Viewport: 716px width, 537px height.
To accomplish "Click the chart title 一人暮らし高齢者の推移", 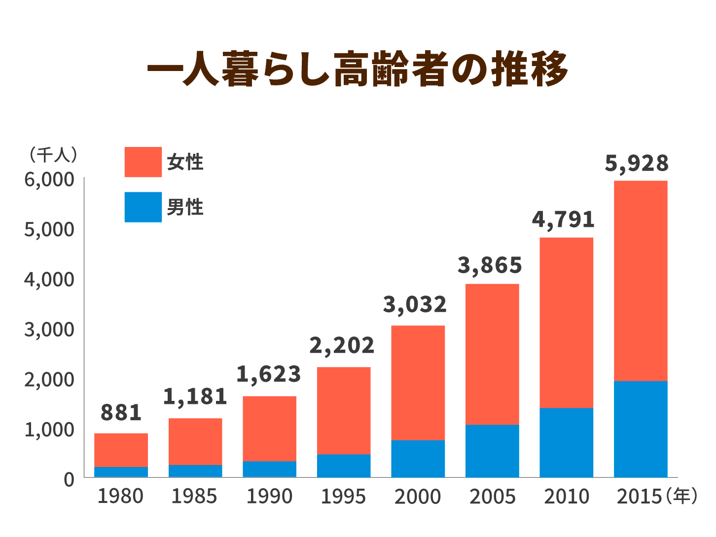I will pos(358,69).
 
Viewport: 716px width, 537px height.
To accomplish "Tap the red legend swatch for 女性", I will pos(143,162).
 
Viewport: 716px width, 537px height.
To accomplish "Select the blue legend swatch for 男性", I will pos(143,207).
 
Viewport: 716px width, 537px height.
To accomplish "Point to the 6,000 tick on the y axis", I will pos(49,179).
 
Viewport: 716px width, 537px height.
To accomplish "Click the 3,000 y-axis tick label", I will pos(49,329).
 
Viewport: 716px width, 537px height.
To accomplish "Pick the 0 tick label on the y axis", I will pos(69,479).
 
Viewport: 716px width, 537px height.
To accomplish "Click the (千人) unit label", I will pos(53,155).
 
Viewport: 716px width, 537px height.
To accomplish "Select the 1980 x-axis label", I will pos(120,496).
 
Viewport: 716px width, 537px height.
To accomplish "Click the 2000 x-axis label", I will pos(418,496).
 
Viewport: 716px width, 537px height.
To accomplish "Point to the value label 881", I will pos(121,412).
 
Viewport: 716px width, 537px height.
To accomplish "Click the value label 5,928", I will pos(637,163).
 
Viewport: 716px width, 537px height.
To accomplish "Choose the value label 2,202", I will pos(342,346).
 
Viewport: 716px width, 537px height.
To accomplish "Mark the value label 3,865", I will pos(490,265).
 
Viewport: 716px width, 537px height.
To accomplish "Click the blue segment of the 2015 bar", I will pos(641,429).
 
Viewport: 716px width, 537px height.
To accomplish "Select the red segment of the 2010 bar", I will pos(566,322).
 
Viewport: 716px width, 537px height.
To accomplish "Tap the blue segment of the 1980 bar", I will pos(121,472).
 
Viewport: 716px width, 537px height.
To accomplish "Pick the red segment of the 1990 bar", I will pos(269,429).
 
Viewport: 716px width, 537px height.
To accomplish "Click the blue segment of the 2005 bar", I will pos(492,451).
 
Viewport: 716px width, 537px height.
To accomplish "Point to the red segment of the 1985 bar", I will pos(195,441).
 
